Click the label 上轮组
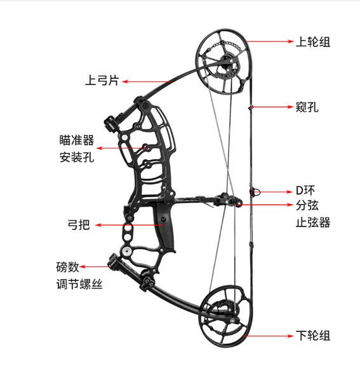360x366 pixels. click(313, 42)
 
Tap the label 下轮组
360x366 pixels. click(313, 336)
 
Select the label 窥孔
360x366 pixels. click(307, 107)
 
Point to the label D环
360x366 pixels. click(305, 190)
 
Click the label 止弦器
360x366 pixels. click(313, 222)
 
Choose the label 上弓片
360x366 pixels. click(102, 81)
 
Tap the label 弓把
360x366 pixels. click(79, 225)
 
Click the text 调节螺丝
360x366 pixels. click(79, 284)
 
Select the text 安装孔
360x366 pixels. click(77, 157)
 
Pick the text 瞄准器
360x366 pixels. click(77, 140)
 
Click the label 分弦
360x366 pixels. click(307, 206)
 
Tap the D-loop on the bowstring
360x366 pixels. click(255, 192)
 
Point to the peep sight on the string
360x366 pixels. click(251, 107)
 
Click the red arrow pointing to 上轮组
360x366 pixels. click(269, 42)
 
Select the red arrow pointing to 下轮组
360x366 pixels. click(268, 336)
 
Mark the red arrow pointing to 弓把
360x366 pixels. click(129, 225)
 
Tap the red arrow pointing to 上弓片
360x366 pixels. click(147, 81)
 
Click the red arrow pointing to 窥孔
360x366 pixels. click(272, 107)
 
